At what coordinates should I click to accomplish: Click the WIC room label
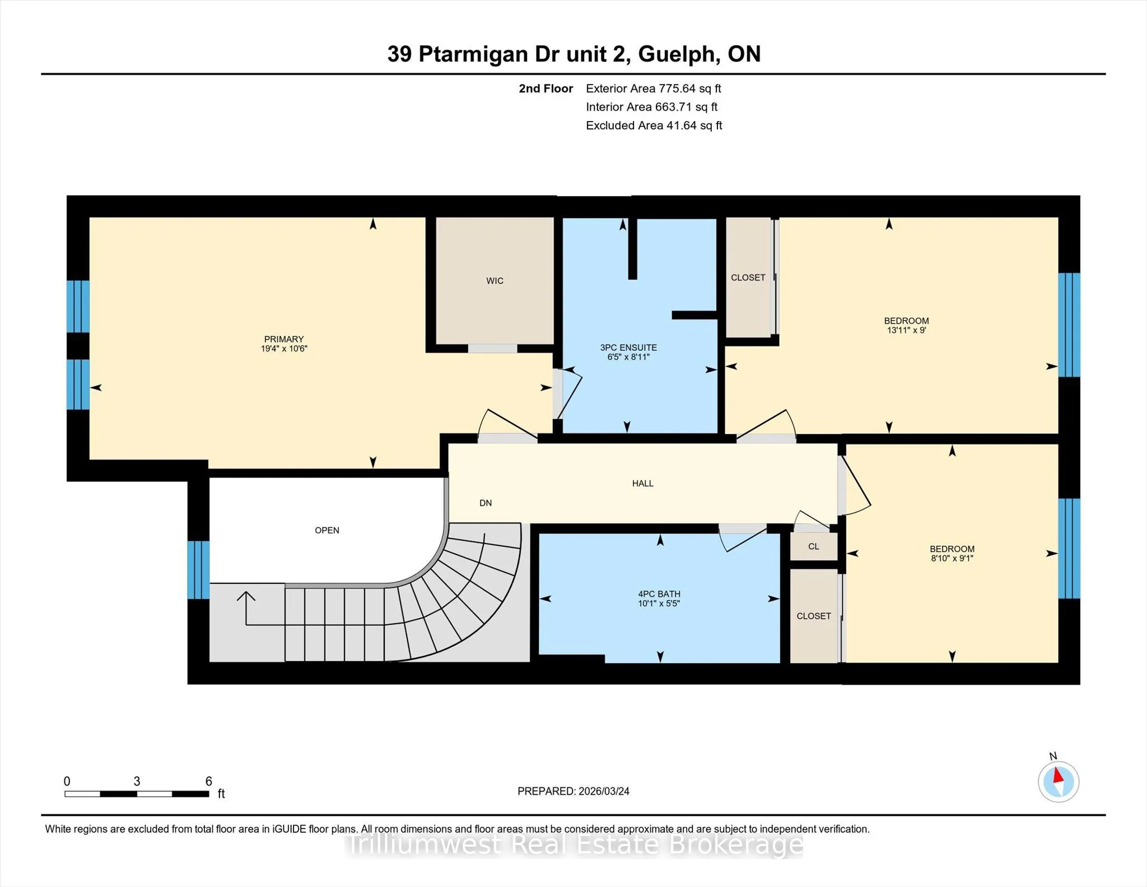coord(495,281)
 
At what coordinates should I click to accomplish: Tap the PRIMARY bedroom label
coord(284,339)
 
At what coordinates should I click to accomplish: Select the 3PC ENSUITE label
coord(628,347)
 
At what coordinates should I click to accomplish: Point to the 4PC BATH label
coord(659,594)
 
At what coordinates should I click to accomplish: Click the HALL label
coord(643,483)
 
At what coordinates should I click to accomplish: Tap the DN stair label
coord(486,503)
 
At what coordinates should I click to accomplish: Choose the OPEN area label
coord(327,530)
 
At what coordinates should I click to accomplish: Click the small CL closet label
coord(814,546)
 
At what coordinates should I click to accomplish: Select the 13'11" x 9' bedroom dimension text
coord(906,330)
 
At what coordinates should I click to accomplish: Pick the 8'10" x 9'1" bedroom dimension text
coord(952,558)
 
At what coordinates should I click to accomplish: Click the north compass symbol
coord(1059,782)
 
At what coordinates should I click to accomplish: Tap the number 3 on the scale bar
coord(137,781)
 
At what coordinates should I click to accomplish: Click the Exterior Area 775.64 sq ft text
coord(654,89)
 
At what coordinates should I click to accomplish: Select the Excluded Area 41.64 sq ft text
coord(654,126)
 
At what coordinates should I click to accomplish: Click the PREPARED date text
coord(573,791)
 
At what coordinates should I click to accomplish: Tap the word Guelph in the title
coord(679,54)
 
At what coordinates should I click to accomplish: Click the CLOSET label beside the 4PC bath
coord(814,616)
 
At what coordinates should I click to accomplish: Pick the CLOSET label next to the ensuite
coord(748,277)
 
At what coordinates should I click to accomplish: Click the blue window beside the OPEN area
coord(198,570)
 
